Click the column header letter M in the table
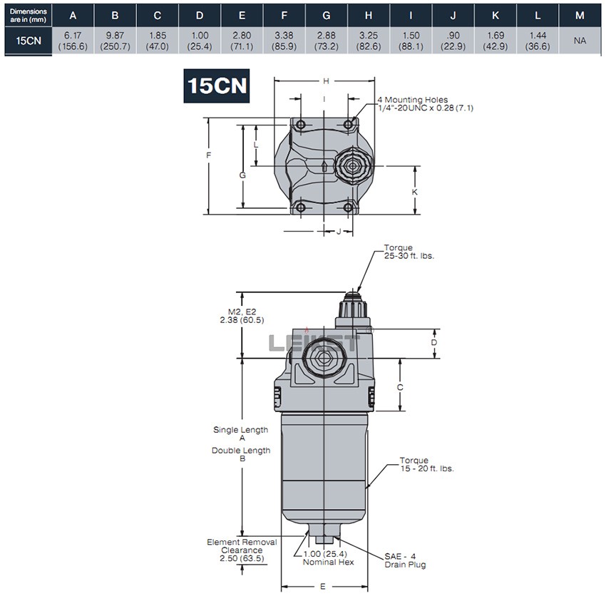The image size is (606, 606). [580, 15]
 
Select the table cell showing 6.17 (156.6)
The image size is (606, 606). [71, 41]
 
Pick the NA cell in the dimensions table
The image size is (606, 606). [580, 41]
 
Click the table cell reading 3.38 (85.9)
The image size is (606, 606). [284, 41]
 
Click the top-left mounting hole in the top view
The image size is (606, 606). [301, 125]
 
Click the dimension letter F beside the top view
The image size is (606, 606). [208, 155]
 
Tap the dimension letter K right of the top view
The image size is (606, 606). [415, 192]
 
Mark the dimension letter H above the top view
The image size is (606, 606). [327, 81]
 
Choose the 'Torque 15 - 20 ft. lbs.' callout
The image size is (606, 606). [426, 464]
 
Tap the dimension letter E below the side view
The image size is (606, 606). [323, 587]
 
